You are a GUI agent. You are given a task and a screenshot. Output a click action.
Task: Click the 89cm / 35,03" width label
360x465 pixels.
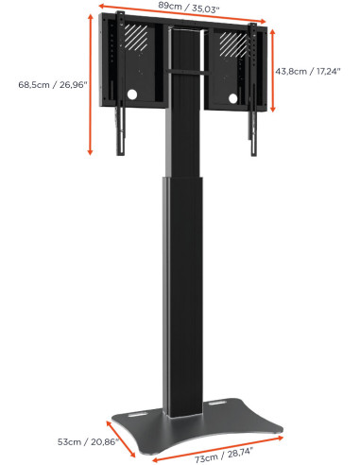(x=181, y=9)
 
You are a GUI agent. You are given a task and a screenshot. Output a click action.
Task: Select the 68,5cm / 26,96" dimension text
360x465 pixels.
(x=53, y=85)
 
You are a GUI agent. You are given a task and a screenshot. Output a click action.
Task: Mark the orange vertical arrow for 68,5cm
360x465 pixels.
(x=90, y=85)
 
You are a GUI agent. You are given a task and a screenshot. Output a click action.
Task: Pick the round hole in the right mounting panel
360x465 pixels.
(x=233, y=98)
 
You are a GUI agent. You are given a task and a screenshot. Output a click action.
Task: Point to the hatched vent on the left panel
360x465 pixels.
(x=138, y=37)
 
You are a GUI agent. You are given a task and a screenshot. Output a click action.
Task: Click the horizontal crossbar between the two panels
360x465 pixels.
(x=183, y=71)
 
